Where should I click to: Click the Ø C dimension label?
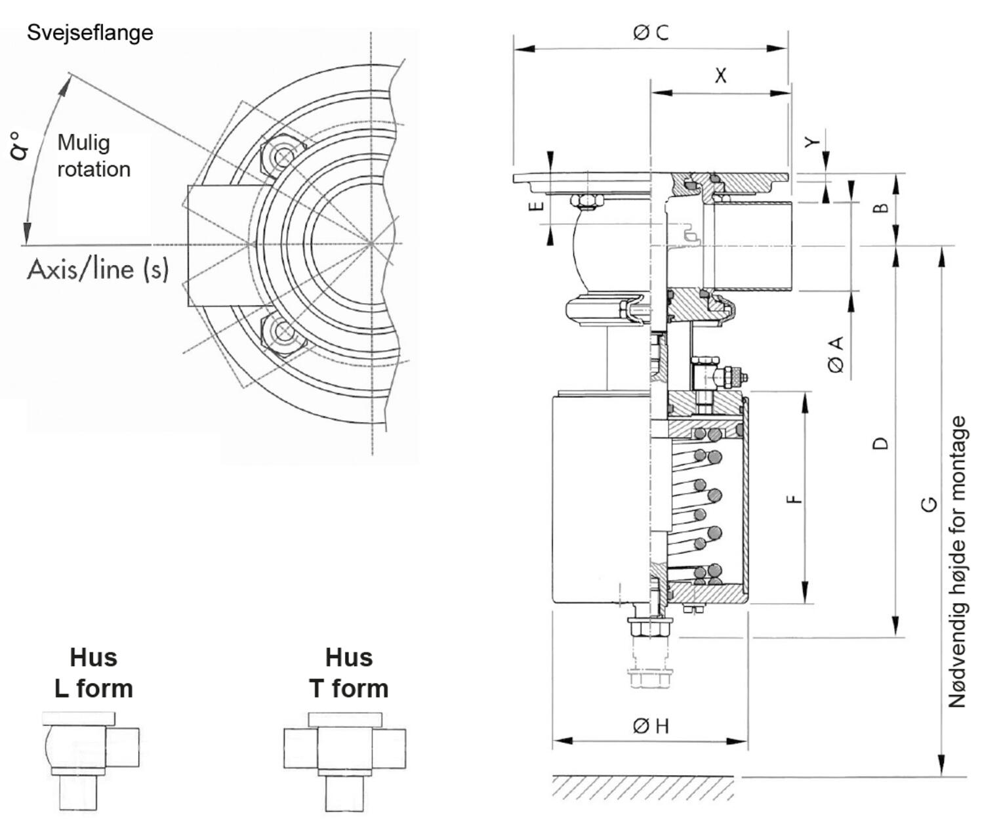tap(651, 32)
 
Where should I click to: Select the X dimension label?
tap(720, 75)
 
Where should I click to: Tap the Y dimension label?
tap(812, 142)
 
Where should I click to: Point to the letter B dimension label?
tap(882, 207)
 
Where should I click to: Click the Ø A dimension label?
tap(837, 354)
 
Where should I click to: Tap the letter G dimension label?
tap(930, 504)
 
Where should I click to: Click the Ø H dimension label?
tap(651, 725)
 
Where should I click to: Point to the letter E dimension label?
tap(537, 205)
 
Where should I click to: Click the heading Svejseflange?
tap(90, 32)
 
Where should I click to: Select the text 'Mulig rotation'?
tap(93, 156)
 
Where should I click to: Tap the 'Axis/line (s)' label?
tap(98, 269)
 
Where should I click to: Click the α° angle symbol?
tap(20, 146)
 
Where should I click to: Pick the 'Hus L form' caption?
tap(93, 673)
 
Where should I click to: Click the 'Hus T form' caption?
tap(348, 673)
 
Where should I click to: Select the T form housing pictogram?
tap(345, 761)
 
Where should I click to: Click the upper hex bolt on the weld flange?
tap(283, 157)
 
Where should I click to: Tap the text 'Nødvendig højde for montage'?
tap(957, 562)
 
